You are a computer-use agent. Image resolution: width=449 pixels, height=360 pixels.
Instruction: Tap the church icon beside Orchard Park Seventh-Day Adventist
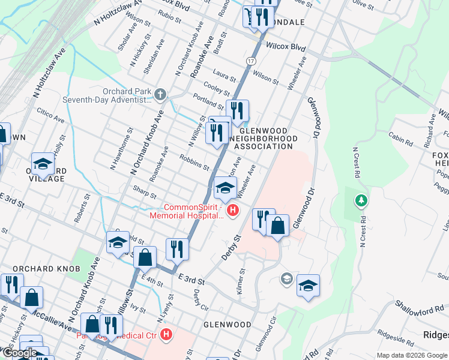coord(160,94)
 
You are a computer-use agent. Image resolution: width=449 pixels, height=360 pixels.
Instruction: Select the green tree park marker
coord(361,200)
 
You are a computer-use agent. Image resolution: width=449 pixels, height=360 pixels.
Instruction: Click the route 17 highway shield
coord(250,61)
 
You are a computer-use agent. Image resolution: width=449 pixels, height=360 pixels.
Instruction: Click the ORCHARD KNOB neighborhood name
coord(46,269)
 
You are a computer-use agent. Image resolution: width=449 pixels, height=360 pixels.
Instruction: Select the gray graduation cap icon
coord(287,278)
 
